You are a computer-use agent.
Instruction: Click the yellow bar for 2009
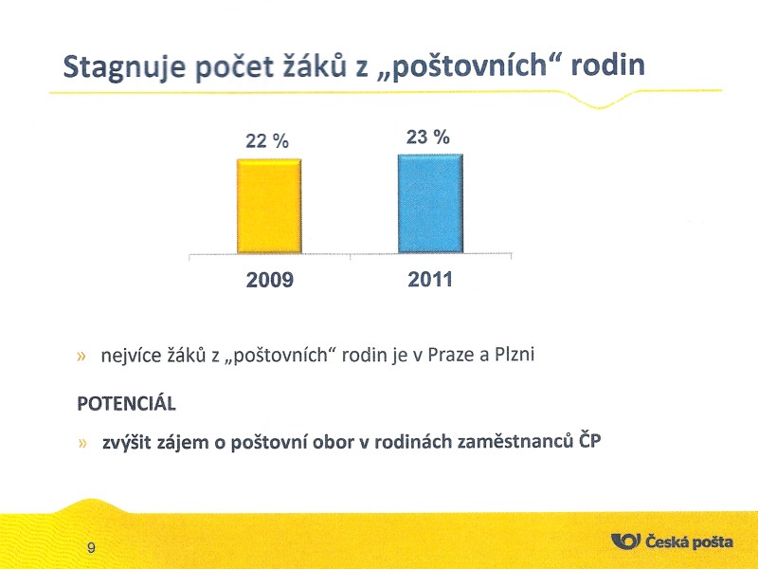tap(269, 206)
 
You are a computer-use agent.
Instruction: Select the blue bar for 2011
tap(430, 203)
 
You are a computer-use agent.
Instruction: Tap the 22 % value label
tap(267, 140)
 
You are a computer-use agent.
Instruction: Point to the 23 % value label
tap(428, 138)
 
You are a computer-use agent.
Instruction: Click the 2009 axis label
tap(270, 280)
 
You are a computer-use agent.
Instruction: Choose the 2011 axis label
tap(430, 280)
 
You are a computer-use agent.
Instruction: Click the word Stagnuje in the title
tap(124, 66)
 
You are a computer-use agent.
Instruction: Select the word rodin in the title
tap(607, 64)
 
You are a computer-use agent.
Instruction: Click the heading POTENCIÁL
tap(127, 403)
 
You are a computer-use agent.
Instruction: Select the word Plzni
tap(514, 355)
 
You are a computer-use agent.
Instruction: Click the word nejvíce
tap(130, 357)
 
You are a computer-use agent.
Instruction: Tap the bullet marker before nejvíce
tap(81, 357)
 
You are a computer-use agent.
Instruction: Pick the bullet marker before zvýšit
tap(82, 443)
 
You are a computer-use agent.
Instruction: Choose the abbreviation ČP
tap(589, 440)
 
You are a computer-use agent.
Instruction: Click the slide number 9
tap(91, 548)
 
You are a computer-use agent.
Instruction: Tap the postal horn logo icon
tap(625, 541)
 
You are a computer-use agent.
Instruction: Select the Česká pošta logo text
tap(690, 541)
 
